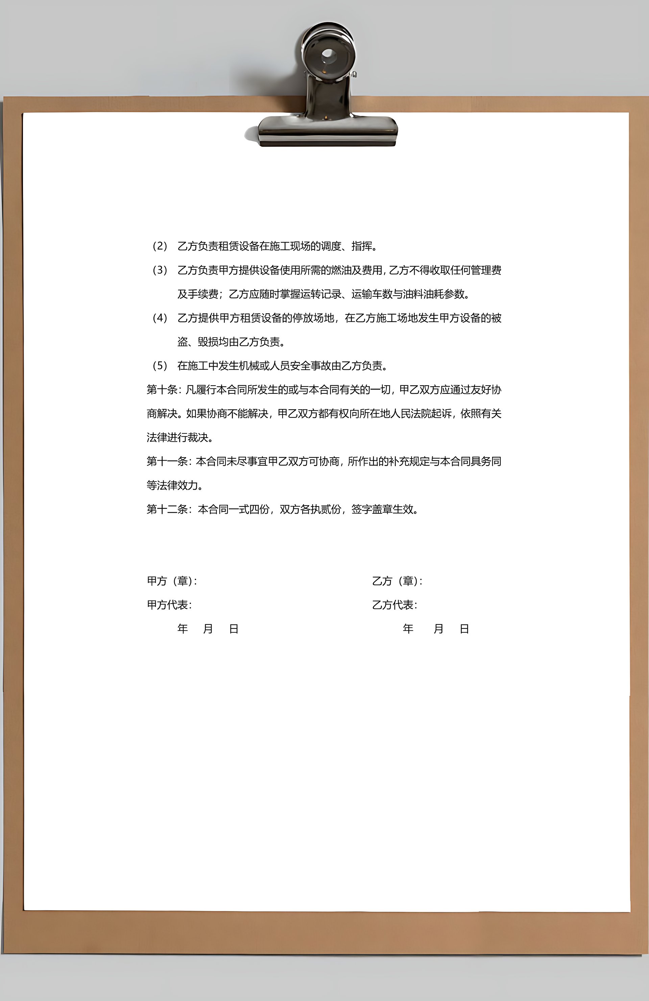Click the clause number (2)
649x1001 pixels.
pos(160,246)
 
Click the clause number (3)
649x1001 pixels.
pos(160,270)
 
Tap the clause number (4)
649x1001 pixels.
pos(160,318)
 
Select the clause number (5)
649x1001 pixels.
pos(160,366)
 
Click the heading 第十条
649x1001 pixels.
pos(162,390)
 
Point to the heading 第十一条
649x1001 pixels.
pos(167,461)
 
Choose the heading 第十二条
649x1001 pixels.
pos(167,509)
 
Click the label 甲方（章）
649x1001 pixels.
pos(170,581)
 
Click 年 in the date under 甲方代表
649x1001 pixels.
pos(183,629)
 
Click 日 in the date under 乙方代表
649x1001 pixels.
pos(464,629)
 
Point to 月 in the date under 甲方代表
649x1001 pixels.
pos(208,629)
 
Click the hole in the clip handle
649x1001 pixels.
pos(328,55)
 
